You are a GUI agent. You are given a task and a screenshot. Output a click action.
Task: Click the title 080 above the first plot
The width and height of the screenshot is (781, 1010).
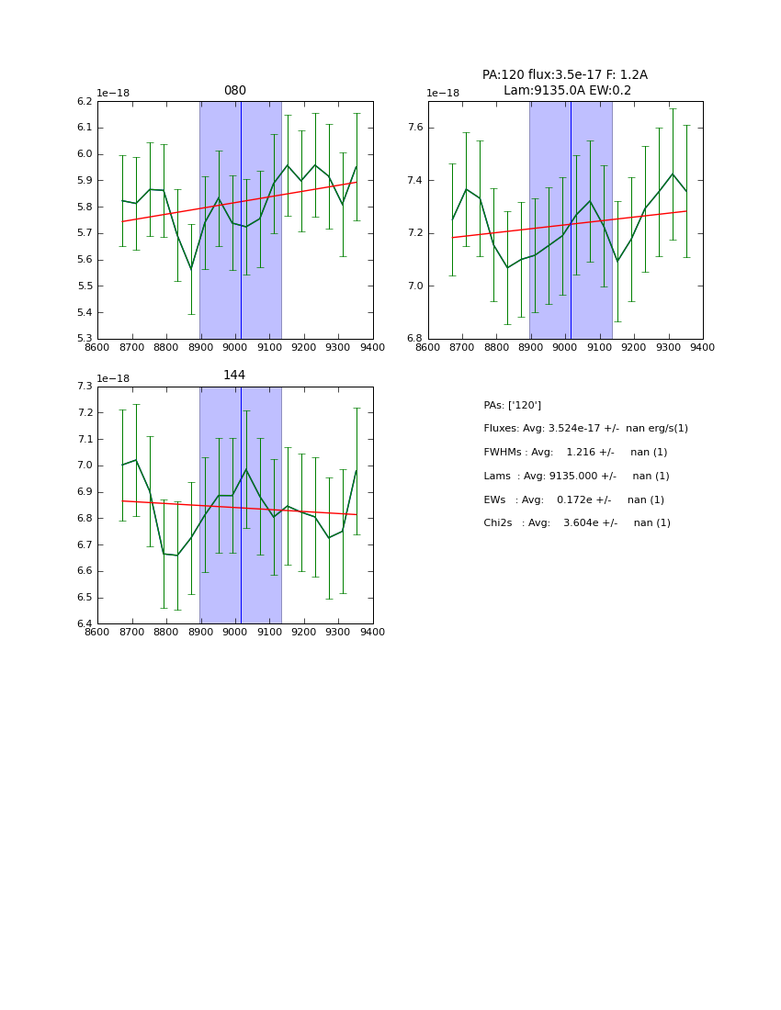click(234, 91)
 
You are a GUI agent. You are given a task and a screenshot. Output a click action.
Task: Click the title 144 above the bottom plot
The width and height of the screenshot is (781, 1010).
click(234, 376)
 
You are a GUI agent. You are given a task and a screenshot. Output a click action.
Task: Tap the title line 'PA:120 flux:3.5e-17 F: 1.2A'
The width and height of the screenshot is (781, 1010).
click(564, 75)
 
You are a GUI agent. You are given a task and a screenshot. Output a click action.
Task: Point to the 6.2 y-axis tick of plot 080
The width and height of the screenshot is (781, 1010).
click(84, 102)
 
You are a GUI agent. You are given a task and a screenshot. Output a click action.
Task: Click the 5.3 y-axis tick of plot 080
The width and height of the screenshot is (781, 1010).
click(84, 339)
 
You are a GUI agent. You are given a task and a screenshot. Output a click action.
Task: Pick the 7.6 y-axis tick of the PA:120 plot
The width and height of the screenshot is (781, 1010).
click(414, 128)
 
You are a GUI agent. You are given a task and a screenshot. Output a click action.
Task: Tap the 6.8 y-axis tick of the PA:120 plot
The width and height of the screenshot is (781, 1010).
click(414, 339)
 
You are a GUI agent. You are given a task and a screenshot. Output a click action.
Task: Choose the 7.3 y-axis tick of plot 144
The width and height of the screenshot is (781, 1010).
click(84, 387)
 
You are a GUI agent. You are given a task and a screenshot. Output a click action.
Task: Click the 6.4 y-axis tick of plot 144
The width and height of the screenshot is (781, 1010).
click(84, 623)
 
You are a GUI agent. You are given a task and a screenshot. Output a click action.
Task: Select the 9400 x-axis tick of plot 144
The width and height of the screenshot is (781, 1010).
click(372, 632)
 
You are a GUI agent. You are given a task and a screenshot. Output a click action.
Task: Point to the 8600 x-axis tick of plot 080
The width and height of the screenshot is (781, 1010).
click(97, 347)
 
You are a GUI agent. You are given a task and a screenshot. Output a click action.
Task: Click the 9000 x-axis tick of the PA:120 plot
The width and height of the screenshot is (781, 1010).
click(565, 347)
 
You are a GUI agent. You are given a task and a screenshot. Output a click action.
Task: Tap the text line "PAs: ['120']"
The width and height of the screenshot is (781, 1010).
click(512, 406)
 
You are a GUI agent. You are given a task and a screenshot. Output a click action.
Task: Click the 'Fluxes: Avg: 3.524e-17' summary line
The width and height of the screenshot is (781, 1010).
click(585, 429)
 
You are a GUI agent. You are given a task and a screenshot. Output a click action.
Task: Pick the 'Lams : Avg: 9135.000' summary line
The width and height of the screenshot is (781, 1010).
click(576, 477)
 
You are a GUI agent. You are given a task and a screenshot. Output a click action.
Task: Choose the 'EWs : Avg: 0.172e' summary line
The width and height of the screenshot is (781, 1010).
click(573, 500)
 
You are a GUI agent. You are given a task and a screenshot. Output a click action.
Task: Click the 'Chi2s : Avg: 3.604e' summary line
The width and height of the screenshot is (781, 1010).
click(577, 523)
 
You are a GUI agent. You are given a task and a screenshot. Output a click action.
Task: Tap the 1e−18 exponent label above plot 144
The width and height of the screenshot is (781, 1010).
click(113, 378)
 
